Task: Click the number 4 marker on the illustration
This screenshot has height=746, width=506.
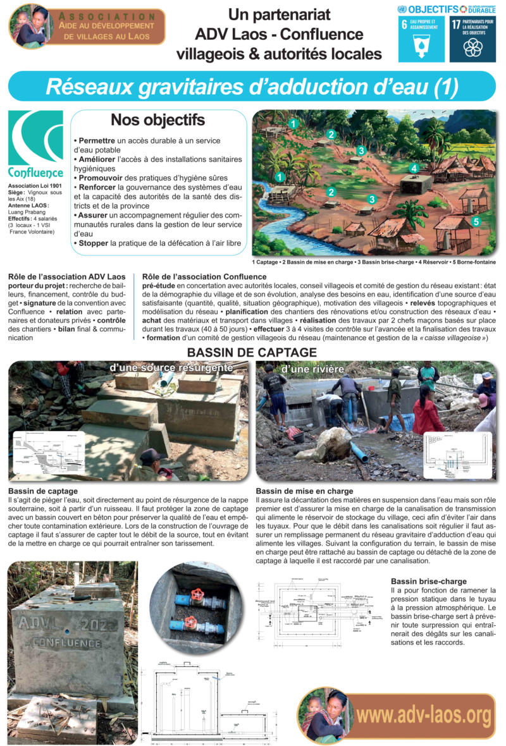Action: pyautogui.click(x=414, y=168)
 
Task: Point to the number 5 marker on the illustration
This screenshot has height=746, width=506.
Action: pyautogui.click(x=476, y=222)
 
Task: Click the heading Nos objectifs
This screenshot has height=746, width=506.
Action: pyautogui.click(x=157, y=120)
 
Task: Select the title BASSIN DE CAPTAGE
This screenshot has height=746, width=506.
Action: pyautogui.click(x=252, y=352)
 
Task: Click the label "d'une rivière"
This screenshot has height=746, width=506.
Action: pyautogui.click(x=304, y=369)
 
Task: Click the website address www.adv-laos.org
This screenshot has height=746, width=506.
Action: pyautogui.click(x=423, y=715)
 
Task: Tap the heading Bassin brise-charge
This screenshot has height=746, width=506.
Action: pyautogui.click(x=429, y=580)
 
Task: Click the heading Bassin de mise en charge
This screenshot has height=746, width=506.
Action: pyautogui.click(x=304, y=491)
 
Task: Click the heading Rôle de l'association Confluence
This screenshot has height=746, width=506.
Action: pyautogui.click(x=204, y=276)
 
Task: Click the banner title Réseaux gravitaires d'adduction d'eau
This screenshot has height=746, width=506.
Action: pyautogui.click(x=252, y=87)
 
